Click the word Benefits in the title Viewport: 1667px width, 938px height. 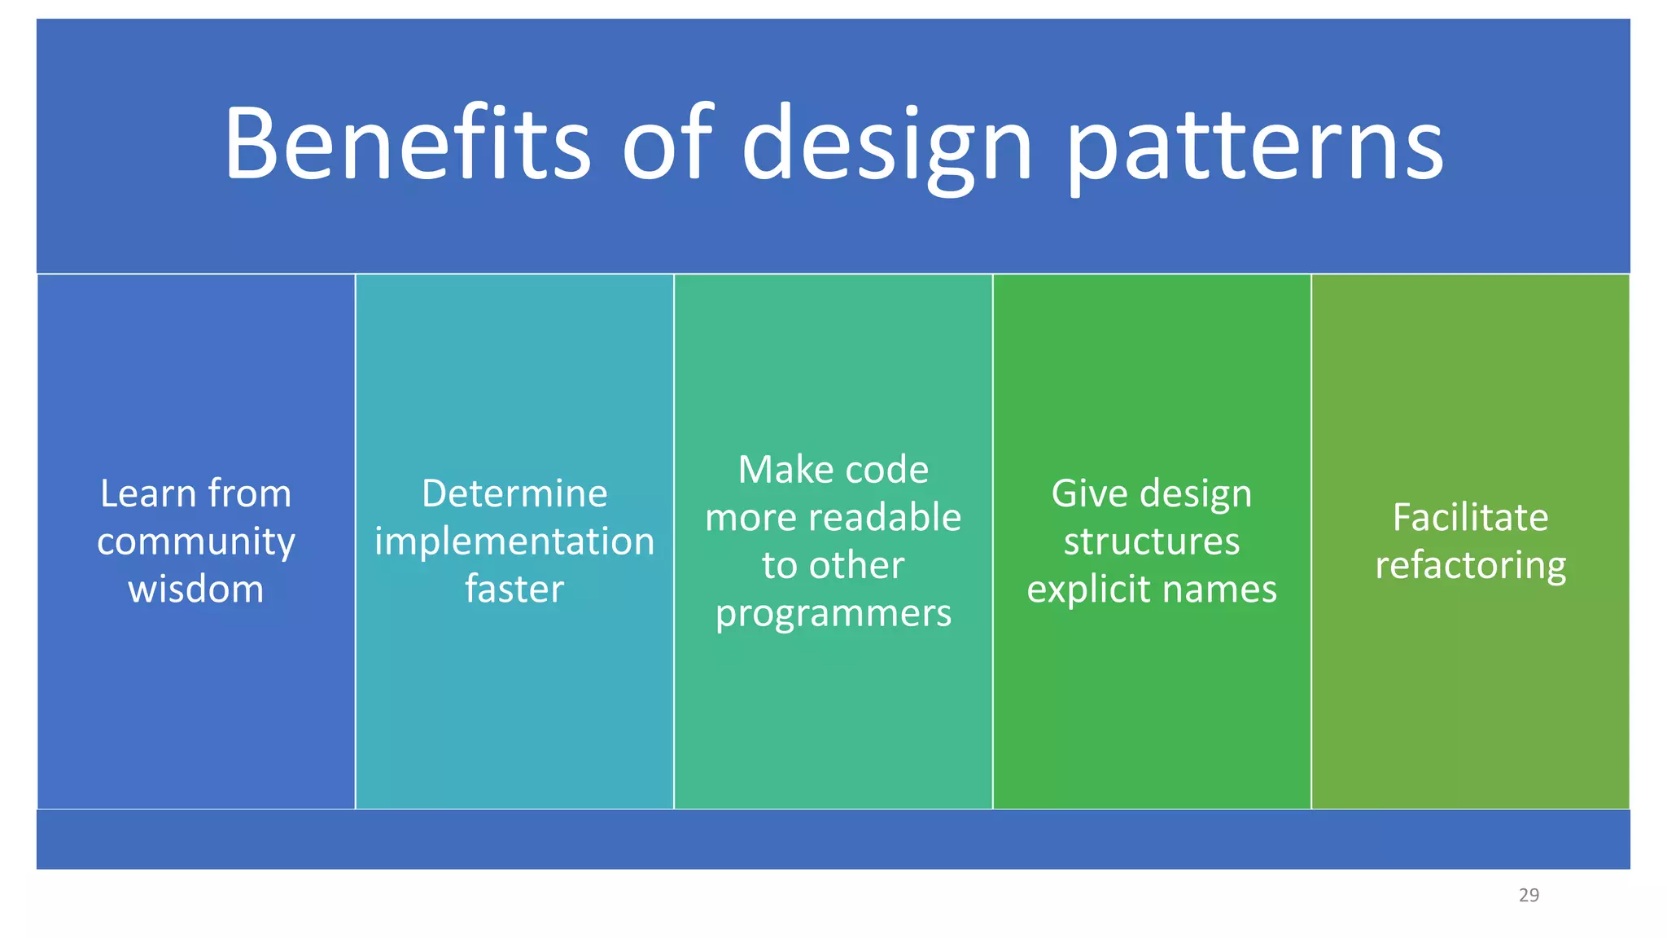pyautogui.click(x=407, y=144)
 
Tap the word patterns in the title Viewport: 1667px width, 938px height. pyautogui.click(x=1254, y=147)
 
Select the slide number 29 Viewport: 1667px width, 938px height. pyautogui.click(x=1529, y=895)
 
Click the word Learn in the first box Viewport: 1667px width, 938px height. pyautogui.click(x=147, y=493)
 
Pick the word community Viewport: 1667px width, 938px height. pyautogui.click(x=195, y=542)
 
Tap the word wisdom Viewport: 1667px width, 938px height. pyautogui.click(x=195, y=589)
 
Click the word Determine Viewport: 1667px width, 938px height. pyautogui.click(x=514, y=493)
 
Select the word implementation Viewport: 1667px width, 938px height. pyautogui.click(x=514, y=541)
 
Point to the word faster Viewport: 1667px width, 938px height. pyautogui.click(x=514, y=589)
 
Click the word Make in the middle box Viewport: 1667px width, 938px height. pyautogui.click(x=775, y=470)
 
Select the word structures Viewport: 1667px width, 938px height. pyautogui.click(x=1152, y=541)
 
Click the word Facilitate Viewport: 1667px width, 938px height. pyautogui.click(x=1470, y=518)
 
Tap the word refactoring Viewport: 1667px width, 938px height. pyautogui.click(x=1470, y=566)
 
